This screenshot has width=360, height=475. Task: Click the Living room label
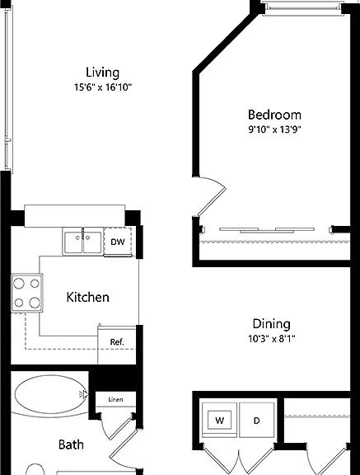point(102,73)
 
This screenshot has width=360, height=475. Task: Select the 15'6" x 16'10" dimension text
point(103,87)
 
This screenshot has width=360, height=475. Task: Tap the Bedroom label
point(274,115)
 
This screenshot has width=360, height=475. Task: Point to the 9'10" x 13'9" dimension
point(274,129)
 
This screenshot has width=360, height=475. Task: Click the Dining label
point(272,324)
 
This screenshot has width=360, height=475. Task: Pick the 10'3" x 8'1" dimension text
point(272,339)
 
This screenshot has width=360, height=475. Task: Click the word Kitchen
point(87,297)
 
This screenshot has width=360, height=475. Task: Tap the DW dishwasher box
point(118,242)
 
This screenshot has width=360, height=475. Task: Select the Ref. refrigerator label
point(117,342)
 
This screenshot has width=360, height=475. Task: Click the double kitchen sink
point(82,242)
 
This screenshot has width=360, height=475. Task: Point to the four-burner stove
point(27,293)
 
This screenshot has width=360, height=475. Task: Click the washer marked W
point(220,421)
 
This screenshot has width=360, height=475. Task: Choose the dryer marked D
point(257,421)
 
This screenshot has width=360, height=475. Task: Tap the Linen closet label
point(115,400)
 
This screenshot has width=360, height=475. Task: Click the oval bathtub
point(50,394)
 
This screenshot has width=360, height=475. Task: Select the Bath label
point(71,444)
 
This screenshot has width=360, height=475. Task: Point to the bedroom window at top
point(302,7)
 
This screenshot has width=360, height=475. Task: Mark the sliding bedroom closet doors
point(267,230)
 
